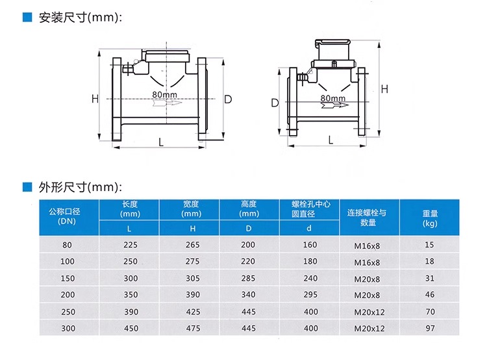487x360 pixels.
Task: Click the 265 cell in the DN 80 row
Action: click(x=193, y=245)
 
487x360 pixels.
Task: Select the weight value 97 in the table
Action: click(x=430, y=328)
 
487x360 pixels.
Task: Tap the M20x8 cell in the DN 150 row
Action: click(x=367, y=279)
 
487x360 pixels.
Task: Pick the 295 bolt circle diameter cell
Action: click(x=310, y=294)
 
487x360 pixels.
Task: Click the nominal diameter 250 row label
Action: click(x=68, y=312)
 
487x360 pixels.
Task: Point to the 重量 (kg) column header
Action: click(x=430, y=218)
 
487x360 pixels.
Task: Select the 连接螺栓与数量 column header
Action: click(x=367, y=218)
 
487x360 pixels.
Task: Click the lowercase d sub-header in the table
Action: click(x=308, y=228)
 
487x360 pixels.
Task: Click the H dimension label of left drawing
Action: click(x=95, y=99)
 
